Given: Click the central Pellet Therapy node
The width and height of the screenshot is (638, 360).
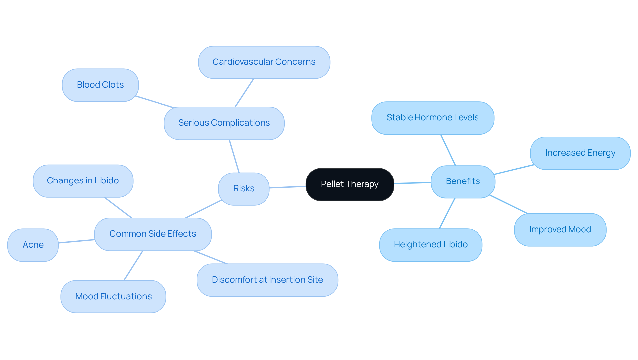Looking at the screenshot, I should pyautogui.click(x=350, y=184).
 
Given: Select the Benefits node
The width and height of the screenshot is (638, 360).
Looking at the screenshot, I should pyautogui.click(x=463, y=181).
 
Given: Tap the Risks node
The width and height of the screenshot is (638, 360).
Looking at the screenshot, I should pyautogui.click(x=244, y=189).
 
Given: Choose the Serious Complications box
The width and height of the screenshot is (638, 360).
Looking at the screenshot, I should pyautogui.click(x=224, y=123).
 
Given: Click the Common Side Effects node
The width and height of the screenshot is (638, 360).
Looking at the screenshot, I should pyautogui.click(x=153, y=234).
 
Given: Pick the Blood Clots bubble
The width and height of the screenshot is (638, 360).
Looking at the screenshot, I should pyautogui.click(x=100, y=85).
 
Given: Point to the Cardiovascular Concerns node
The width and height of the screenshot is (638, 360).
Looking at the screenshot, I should pyautogui.click(x=264, y=62).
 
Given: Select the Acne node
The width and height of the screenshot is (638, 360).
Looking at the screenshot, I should pyautogui.click(x=33, y=245).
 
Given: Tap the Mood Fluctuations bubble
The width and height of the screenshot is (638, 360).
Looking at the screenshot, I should pyautogui.click(x=113, y=297).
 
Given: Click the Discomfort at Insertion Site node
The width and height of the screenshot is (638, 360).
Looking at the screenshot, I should pyautogui.click(x=267, y=280).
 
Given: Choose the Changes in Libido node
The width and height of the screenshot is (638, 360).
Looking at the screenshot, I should pyautogui.click(x=83, y=181).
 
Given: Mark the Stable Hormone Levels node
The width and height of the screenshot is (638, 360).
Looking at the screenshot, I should pyautogui.click(x=432, y=118).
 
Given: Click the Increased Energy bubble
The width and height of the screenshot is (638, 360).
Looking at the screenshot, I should pyautogui.click(x=580, y=153).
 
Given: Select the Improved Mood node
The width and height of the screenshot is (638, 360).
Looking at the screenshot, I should pyautogui.click(x=560, y=230).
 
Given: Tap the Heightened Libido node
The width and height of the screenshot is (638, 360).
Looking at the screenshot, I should pyautogui.click(x=431, y=245).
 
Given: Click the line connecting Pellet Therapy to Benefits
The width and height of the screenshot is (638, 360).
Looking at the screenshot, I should pyautogui.click(x=412, y=183).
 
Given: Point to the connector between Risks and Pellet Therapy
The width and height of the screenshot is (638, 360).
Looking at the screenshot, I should pyautogui.click(x=287, y=187).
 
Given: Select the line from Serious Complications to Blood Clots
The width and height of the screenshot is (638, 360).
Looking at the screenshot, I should pyautogui.click(x=155, y=102).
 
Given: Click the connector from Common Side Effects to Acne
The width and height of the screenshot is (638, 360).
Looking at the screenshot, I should pyautogui.click(x=76, y=241).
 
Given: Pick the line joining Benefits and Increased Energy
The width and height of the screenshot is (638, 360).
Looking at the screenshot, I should pyautogui.click(x=514, y=169).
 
